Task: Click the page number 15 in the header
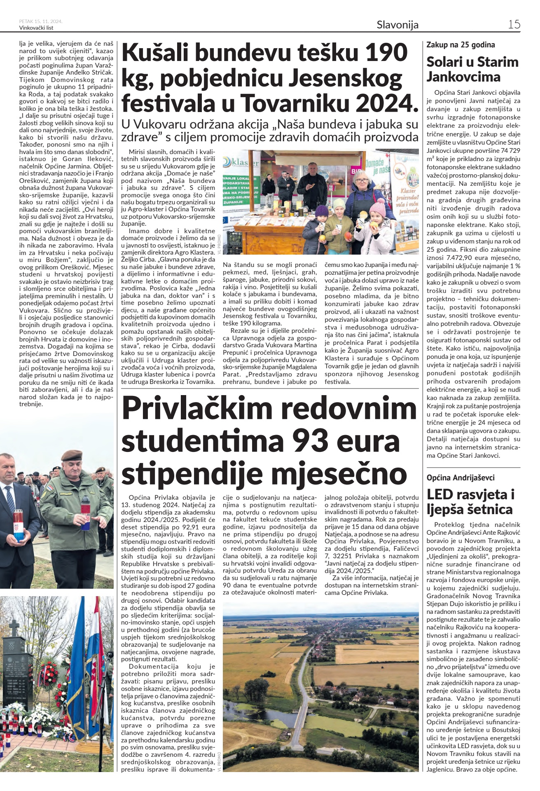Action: (514, 24)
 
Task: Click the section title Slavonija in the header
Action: (397, 25)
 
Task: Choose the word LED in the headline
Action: (440, 494)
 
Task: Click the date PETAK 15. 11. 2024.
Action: (41, 21)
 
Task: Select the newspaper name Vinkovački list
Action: (36, 28)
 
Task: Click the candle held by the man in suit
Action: (19, 525)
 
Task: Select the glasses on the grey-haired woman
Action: (362, 179)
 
